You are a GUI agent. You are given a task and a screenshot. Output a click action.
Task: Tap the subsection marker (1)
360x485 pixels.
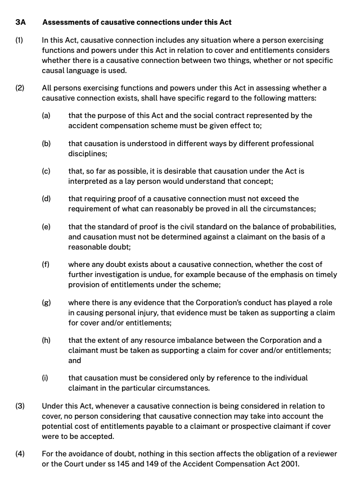tap(19, 41)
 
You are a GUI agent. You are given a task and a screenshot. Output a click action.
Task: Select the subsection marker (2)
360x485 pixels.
tap(19, 88)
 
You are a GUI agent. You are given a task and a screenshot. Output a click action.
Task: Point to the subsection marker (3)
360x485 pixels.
tap(19, 406)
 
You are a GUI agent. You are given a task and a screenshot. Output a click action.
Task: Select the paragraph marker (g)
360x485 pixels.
tap(46, 302)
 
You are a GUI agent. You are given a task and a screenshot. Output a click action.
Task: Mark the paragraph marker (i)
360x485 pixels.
tap(45, 378)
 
